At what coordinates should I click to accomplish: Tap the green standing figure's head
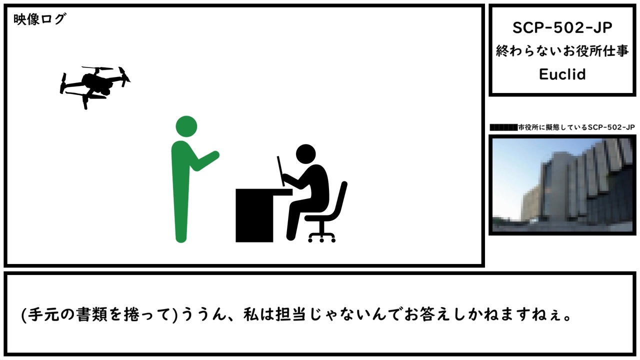click(x=186, y=126)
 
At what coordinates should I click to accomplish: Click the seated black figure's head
click(x=305, y=154)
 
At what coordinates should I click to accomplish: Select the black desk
click(x=257, y=215)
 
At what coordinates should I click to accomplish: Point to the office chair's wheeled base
click(x=322, y=237)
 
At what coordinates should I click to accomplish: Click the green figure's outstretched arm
click(x=205, y=160)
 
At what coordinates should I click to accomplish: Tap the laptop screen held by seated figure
click(x=281, y=171)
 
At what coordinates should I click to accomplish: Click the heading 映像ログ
click(x=39, y=19)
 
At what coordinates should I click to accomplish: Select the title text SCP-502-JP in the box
click(x=562, y=28)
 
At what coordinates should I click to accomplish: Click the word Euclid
click(x=562, y=74)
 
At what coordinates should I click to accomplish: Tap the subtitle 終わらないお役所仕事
click(x=562, y=51)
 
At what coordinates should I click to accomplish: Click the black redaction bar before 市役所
click(x=503, y=127)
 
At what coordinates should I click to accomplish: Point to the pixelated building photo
click(x=562, y=185)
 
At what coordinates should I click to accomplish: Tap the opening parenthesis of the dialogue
click(x=24, y=315)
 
